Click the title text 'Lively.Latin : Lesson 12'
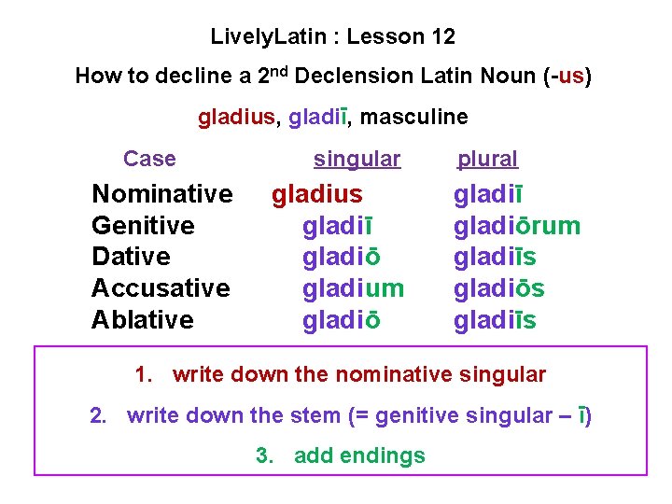[x=333, y=37]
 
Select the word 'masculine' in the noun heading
[x=413, y=117]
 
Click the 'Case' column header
[x=149, y=159]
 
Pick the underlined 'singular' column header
[x=357, y=160]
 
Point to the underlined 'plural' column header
[x=487, y=160]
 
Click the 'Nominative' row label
[x=162, y=194]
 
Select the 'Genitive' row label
[x=143, y=226]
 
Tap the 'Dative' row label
[x=131, y=257]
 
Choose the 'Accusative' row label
[x=161, y=288]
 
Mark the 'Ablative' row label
[x=143, y=320]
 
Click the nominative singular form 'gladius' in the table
[x=316, y=194]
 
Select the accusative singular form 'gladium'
[x=353, y=288]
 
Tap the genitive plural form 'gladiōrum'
[x=517, y=226]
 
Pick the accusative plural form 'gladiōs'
[x=498, y=288]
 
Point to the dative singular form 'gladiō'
[x=341, y=257]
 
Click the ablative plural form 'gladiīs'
[x=495, y=320]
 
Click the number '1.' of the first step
[x=144, y=375]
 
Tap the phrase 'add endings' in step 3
[x=359, y=455]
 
